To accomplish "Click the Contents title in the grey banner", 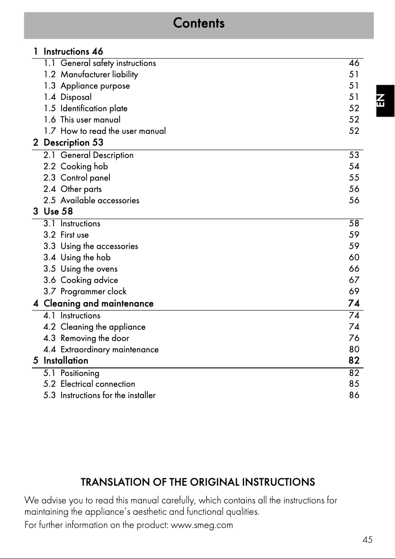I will pos(198,23).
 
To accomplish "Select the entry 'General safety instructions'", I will pos(108,63).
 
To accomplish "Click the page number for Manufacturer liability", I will pos(354,74).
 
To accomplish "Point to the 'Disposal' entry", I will pos(76,97).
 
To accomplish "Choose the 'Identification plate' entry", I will pos(94,108).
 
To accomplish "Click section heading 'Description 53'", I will pos(73,143).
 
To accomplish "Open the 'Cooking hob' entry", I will pos(84,166).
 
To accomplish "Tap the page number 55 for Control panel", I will pos(354,178).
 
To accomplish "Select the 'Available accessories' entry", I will pos(99,200).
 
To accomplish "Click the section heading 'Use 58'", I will pos(58,212).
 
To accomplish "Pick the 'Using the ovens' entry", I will pos(89,269).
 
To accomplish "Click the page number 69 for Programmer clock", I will pos(354,291).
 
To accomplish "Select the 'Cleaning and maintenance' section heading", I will pos(99,304).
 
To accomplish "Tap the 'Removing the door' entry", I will pos(95,338).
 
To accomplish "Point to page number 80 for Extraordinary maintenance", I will pos(354,349).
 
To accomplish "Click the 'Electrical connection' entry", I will pos(98,384).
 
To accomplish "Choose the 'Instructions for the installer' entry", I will pos(108,395).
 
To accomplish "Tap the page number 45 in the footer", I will pos(367,540).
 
